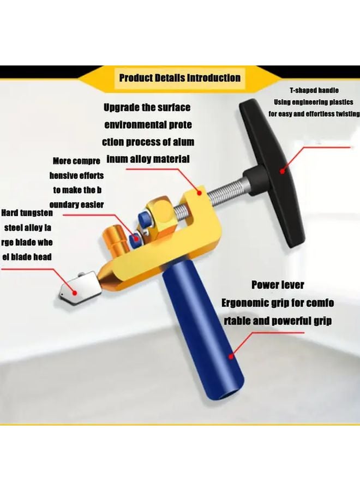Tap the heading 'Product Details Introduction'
[179, 77]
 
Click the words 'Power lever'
[278, 285]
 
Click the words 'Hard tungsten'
[27, 213]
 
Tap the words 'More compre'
[76, 161]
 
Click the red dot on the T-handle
[282, 171]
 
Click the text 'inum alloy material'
[148, 159]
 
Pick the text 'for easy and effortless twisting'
[314, 114]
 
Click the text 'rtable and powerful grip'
[278, 321]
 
